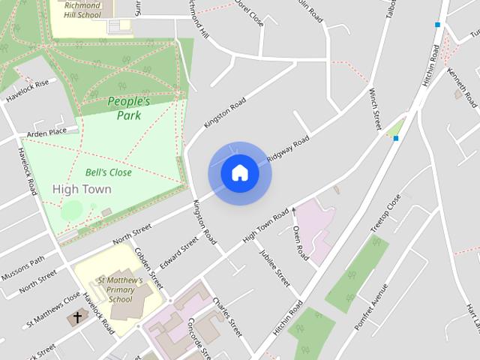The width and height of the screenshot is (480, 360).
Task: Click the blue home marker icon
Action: click(x=239, y=173)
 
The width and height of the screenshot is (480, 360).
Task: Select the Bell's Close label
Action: click(x=108, y=172)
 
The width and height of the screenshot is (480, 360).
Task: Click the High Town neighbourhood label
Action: click(x=82, y=189)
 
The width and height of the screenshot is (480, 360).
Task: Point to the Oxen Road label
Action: click(x=300, y=242)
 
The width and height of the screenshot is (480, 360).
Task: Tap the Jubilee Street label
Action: click(x=274, y=268)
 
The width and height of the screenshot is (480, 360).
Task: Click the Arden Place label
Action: click(x=46, y=132)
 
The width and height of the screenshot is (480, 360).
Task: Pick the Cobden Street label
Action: click(x=148, y=269)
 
